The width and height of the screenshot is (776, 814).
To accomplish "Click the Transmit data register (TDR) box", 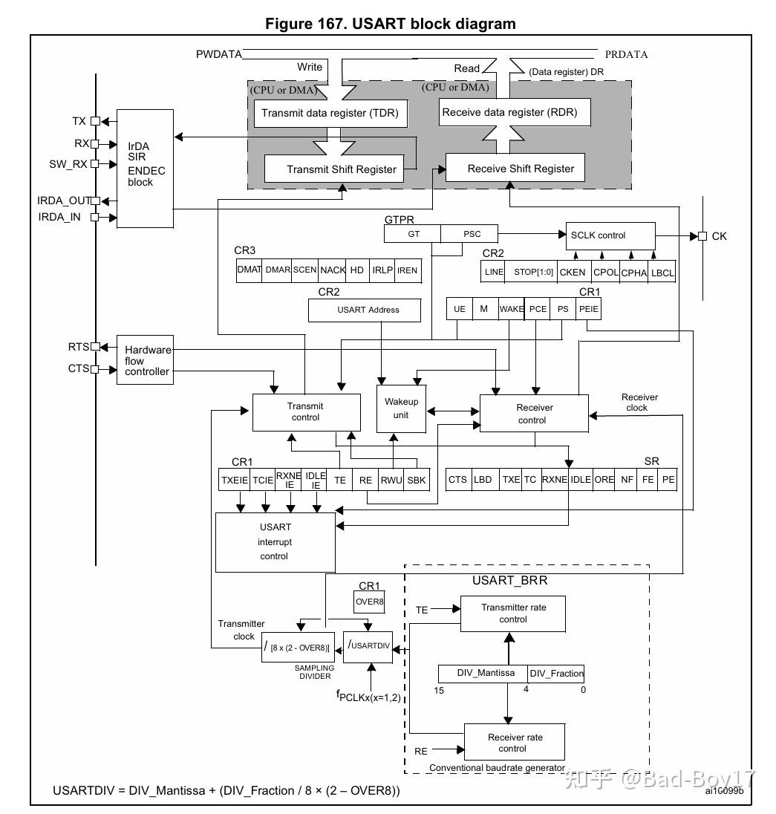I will click(x=330, y=114).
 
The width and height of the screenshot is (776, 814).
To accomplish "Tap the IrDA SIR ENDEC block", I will click(x=146, y=169).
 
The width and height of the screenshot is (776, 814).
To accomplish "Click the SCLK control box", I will click(x=610, y=235).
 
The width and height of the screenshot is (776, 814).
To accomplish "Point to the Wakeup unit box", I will click(x=401, y=408).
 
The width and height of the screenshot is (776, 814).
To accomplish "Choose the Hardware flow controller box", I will click(x=146, y=360).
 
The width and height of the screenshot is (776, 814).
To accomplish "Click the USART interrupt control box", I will click(x=275, y=541).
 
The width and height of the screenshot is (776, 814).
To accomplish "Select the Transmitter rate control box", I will click(x=513, y=613).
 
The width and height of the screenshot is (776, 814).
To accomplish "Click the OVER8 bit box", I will click(x=369, y=602).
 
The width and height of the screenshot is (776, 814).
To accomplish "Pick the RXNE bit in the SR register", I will click(x=555, y=480).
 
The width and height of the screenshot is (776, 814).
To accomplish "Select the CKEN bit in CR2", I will click(x=573, y=272).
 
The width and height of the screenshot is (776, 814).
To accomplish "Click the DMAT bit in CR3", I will click(x=249, y=270).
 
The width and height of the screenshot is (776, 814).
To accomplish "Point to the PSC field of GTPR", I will click(x=472, y=234).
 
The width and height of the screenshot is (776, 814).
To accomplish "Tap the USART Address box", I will click(x=368, y=310).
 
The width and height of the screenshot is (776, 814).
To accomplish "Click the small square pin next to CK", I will click(x=702, y=236).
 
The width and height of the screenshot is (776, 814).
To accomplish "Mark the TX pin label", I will click(x=79, y=121).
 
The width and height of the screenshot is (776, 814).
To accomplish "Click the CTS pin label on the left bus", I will click(x=78, y=368).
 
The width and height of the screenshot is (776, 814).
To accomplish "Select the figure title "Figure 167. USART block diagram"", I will click(x=390, y=24).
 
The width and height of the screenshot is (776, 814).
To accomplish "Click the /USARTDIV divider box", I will click(x=368, y=645).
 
